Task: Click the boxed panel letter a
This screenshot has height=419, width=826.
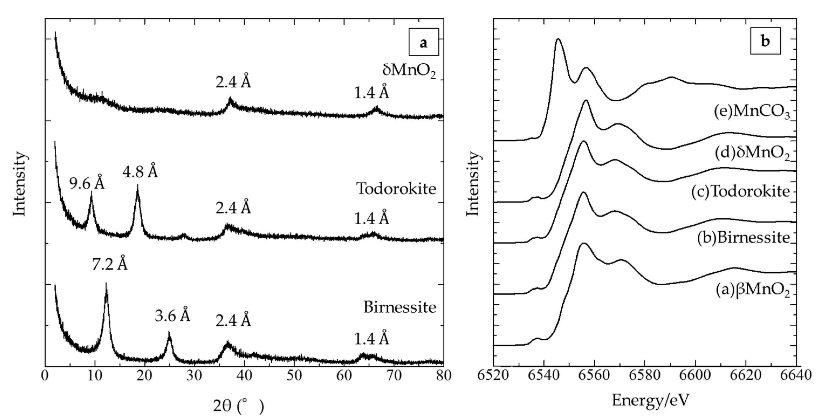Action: (x=423, y=42)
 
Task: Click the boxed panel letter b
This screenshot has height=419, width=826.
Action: (x=765, y=41)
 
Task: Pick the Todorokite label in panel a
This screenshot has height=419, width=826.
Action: (x=396, y=189)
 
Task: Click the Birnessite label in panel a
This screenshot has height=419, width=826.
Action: (x=400, y=307)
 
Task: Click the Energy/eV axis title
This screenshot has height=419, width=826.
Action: (x=650, y=400)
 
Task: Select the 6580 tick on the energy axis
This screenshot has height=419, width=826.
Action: (x=645, y=375)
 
